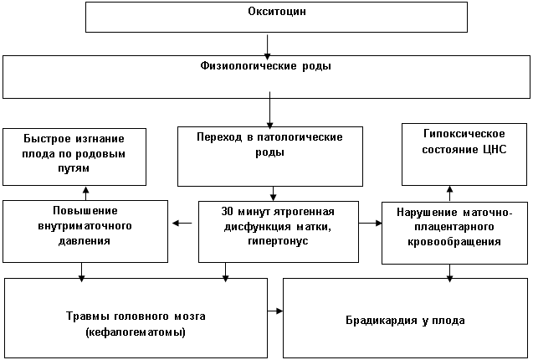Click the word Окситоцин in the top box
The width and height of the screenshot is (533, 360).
coord(277,12)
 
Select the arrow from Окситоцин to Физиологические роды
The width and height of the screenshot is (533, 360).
coord(268,47)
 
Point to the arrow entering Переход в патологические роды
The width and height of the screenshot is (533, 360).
coord(270,110)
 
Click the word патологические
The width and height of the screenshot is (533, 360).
coord(300,137)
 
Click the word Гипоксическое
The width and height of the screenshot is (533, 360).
coord(464,134)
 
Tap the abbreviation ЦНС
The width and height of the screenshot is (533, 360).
coord(495,149)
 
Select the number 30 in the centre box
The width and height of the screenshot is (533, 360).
coord(227,211)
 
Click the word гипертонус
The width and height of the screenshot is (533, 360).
coord(278,241)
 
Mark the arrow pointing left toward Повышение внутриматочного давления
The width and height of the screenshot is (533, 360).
coord(182,224)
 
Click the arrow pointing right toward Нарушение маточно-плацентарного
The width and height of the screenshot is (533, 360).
coord(371,224)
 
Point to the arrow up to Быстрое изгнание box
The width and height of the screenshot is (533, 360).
coord(85,193)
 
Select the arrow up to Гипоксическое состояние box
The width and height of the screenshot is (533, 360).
coord(449,194)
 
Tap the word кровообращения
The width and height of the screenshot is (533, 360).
coord(454,242)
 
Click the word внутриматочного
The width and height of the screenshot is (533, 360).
coord(85,226)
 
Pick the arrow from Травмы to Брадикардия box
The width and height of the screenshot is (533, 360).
coord(275,311)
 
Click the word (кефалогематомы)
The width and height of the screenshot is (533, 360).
coord(136,332)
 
